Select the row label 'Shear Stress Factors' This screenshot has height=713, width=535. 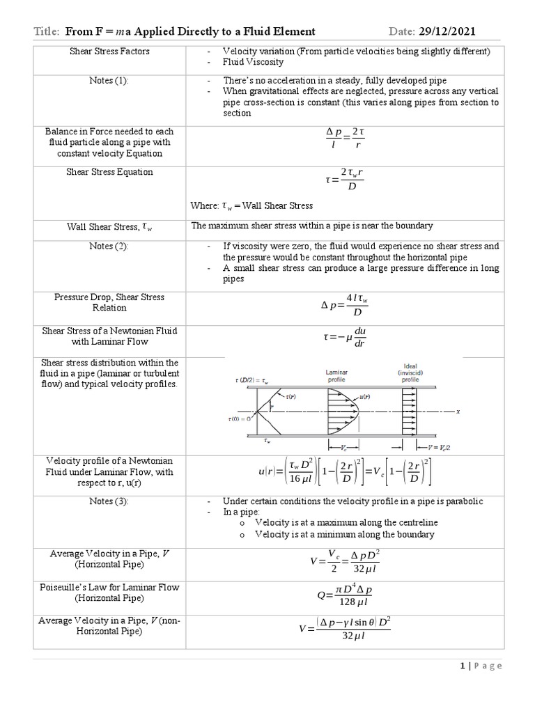tap(108, 52)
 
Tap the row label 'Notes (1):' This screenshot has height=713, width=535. tap(108, 81)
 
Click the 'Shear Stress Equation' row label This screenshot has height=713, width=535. tap(109, 172)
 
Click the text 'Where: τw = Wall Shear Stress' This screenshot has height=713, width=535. tap(251, 205)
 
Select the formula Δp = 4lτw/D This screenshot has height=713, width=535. tap(345, 304)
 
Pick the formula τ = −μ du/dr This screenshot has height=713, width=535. tap(345, 336)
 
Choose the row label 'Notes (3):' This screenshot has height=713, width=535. tap(109, 501)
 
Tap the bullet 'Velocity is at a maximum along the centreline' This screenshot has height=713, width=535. tap(346, 522)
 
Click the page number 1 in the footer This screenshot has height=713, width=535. tap(463, 666)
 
